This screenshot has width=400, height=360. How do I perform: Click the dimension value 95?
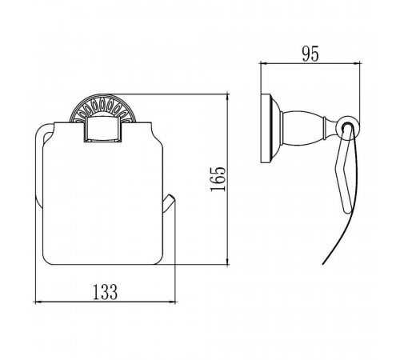[x=310, y=54]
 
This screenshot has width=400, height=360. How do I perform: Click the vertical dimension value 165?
[x=218, y=179]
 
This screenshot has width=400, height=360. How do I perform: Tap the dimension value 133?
[x=105, y=292]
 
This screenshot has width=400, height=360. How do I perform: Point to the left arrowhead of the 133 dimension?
[x=38, y=302]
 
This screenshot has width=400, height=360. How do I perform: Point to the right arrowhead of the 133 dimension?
[x=174, y=302]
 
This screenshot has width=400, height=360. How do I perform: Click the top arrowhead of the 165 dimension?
[x=227, y=97]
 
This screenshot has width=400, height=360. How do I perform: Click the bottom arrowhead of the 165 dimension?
[x=227, y=262]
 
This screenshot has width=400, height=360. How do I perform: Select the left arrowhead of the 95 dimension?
[x=263, y=63]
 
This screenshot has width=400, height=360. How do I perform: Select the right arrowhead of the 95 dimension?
[x=358, y=63]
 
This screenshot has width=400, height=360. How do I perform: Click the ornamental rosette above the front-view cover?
[x=102, y=107]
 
